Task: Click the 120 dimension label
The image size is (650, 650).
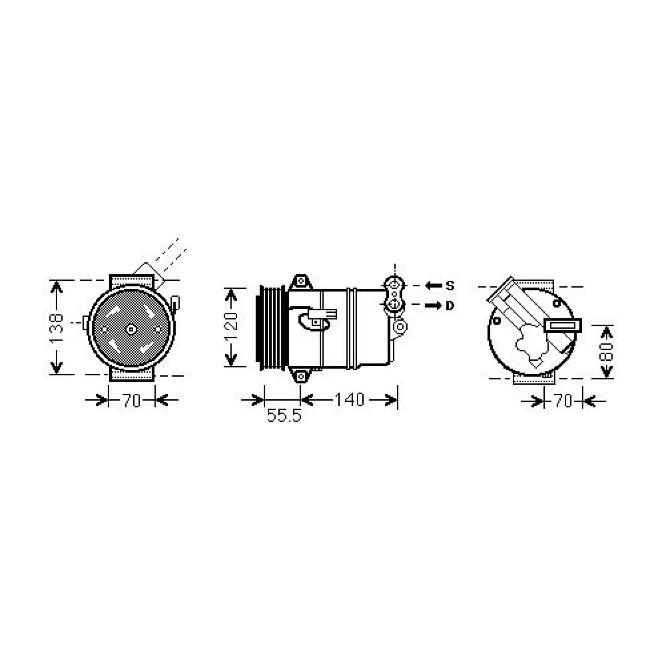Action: (231, 327)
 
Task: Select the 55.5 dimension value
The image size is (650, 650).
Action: (284, 416)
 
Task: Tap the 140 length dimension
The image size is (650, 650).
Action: (349, 400)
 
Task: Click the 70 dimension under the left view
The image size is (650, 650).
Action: (131, 401)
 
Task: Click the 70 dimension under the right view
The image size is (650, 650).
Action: (563, 401)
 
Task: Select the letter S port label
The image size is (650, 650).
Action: (450, 286)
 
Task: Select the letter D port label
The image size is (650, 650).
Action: (450, 305)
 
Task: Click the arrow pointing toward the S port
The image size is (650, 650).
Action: (433, 286)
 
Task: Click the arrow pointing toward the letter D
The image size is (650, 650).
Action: (433, 305)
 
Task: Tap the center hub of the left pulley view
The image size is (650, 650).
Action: (131, 329)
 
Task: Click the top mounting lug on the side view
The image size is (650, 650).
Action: (301, 281)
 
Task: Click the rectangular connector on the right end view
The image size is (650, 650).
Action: (563, 325)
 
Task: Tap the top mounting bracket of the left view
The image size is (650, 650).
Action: (132, 281)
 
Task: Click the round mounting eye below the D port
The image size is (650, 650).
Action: (401, 326)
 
